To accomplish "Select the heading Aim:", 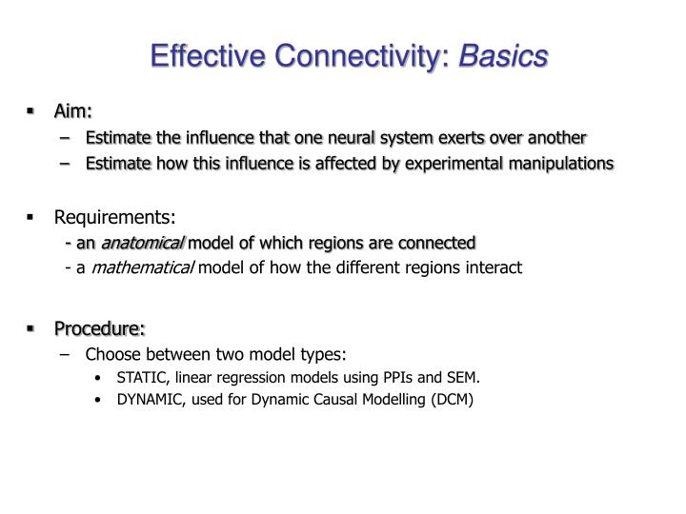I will coord(72,112).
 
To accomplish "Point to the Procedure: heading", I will coord(99,328).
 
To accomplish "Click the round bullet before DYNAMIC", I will coord(101,400).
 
